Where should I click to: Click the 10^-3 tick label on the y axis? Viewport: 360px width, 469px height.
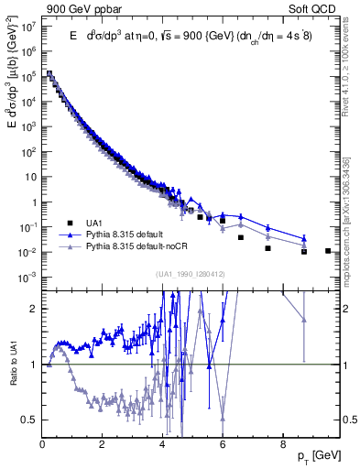pos(27,277)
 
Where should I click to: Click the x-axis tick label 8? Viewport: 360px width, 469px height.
pos(282,445)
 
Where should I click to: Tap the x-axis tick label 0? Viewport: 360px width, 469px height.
pos(43,445)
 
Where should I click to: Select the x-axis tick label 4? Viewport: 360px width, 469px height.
pos(163,445)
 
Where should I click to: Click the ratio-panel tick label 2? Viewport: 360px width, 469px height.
pos(33,309)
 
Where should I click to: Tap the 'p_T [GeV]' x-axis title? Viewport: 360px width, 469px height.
pos(321,455)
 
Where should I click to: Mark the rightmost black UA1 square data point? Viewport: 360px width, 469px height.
pos(328,250)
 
